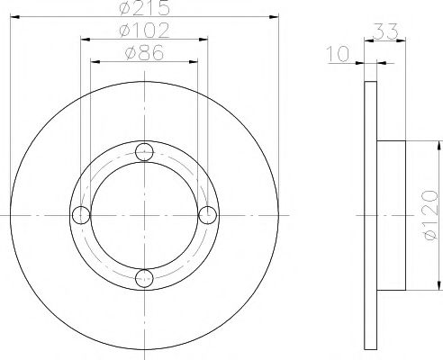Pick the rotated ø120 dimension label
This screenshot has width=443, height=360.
coord(429,215)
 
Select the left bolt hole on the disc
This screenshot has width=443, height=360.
coord(81,215)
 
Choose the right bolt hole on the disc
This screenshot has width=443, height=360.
coord(207,215)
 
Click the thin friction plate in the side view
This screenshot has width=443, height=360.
coord(369,215)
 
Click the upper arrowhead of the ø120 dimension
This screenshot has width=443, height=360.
coord(438,146)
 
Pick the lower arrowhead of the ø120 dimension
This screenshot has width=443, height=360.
coord(438,285)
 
